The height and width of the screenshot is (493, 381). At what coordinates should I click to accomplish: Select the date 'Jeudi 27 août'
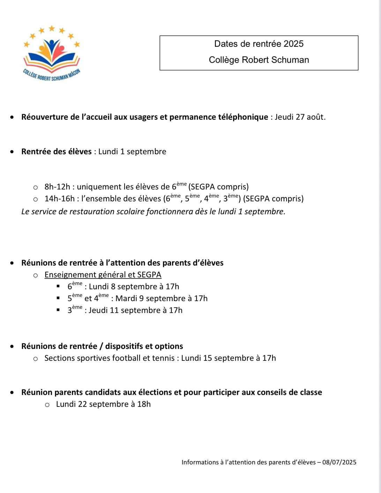300,117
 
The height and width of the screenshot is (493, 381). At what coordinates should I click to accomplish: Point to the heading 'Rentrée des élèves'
56,152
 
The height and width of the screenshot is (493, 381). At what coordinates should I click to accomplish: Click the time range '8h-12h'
57,187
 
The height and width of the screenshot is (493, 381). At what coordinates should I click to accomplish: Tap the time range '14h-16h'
59,199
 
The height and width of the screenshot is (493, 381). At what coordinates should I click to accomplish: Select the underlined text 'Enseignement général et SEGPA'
103,275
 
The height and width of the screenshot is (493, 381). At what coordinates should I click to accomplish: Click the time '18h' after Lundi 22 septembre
144,404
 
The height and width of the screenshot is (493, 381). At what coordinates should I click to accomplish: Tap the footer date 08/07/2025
339,463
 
